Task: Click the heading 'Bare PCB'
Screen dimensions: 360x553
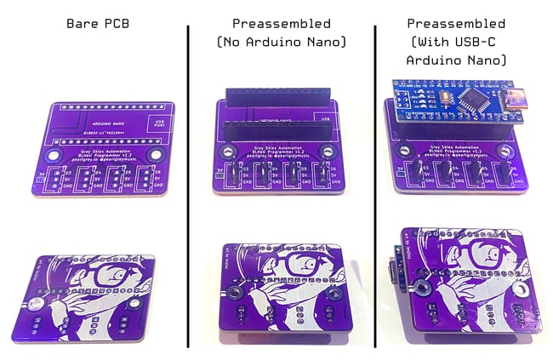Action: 97,24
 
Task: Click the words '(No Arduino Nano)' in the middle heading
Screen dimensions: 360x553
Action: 282,41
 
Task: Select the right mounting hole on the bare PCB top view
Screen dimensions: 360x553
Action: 157,154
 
